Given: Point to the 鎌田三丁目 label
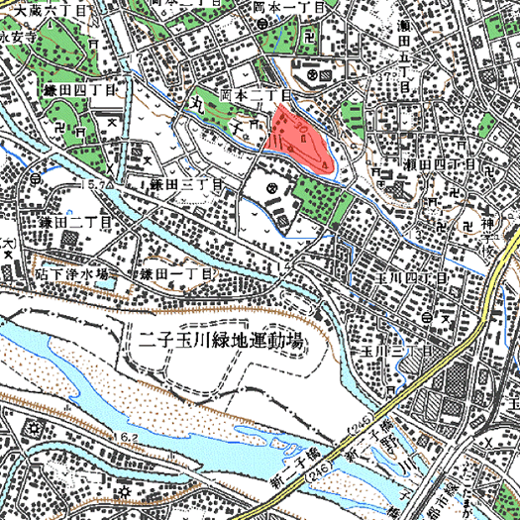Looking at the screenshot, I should (184, 185).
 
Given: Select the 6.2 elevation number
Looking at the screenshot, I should (127, 436).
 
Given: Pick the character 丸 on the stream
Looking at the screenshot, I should (198, 104).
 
